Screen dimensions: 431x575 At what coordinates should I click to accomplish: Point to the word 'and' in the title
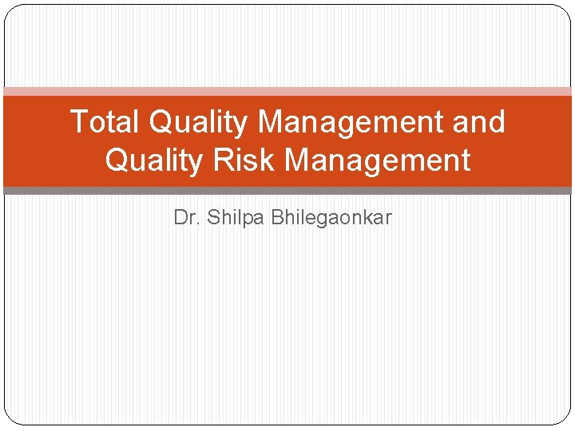(x=482, y=122)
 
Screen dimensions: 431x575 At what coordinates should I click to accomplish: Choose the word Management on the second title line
(x=377, y=160)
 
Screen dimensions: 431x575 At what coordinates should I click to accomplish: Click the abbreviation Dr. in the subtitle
(x=187, y=218)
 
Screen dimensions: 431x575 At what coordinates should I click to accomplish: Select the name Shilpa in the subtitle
(x=236, y=218)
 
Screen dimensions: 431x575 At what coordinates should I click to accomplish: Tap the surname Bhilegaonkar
(x=331, y=218)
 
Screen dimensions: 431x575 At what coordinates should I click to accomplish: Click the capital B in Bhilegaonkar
(x=277, y=218)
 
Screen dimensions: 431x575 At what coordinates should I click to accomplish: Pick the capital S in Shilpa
(x=213, y=218)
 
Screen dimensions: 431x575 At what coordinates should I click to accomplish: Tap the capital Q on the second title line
(x=117, y=160)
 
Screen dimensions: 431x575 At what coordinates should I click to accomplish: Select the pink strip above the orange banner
(x=287, y=92)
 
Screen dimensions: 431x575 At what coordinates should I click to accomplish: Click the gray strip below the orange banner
(x=287, y=191)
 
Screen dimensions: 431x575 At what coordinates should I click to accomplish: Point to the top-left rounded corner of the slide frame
(x=10, y=10)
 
